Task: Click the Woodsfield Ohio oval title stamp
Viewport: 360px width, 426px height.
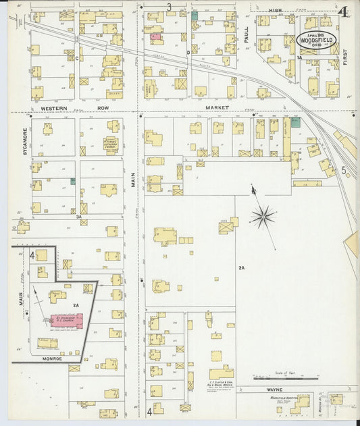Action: click(x=317, y=41)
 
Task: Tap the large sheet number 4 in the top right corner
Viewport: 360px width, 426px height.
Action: click(x=344, y=11)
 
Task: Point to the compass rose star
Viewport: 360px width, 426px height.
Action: click(x=263, y=217)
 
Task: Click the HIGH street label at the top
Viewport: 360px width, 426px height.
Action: click(x=275, y=11)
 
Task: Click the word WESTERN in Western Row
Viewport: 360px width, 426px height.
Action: click(x=53, y=108)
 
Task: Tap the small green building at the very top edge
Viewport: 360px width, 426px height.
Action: click(x=195, y=15)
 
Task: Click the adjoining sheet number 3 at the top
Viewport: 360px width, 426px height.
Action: click(x=169, y=7)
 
